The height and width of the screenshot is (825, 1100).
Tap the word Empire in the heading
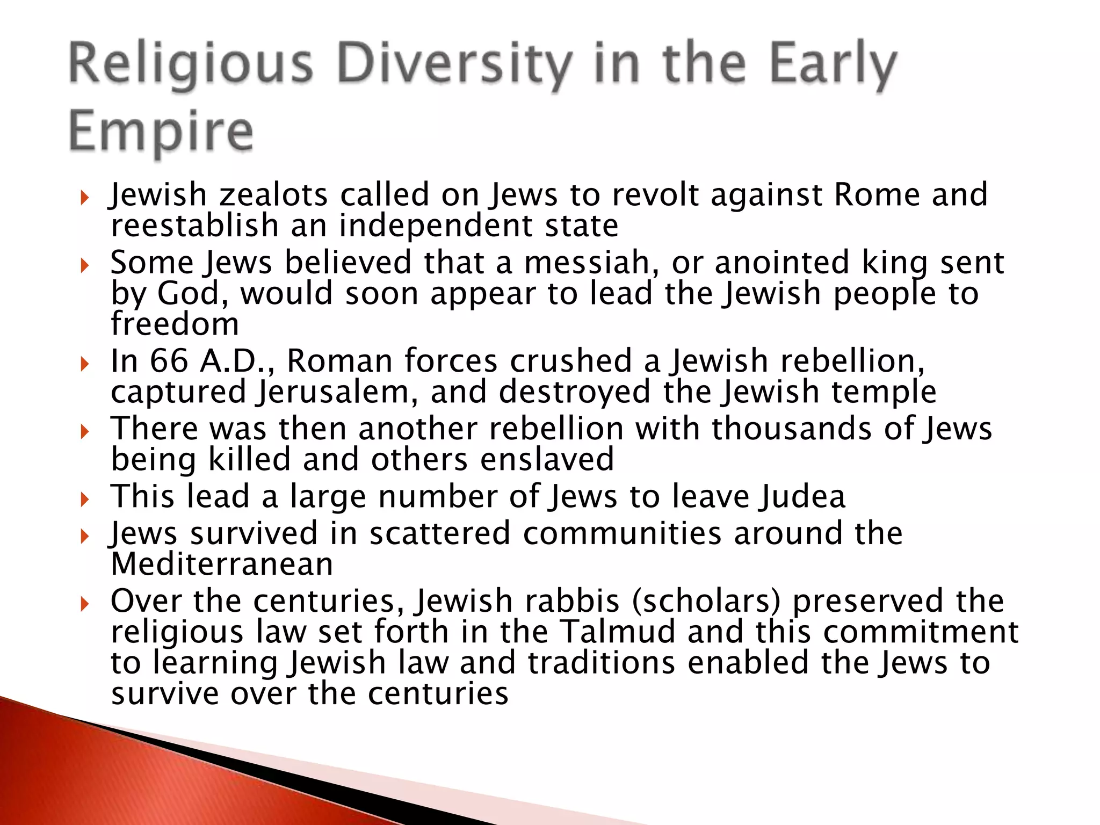(x=161, y=132)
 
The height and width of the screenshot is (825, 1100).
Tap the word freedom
(x=175, y=324)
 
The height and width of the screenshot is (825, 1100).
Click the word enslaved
(x=547, y=460)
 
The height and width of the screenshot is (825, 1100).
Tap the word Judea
(x=802, y=496)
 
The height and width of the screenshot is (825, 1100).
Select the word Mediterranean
(x=222, y=565)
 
